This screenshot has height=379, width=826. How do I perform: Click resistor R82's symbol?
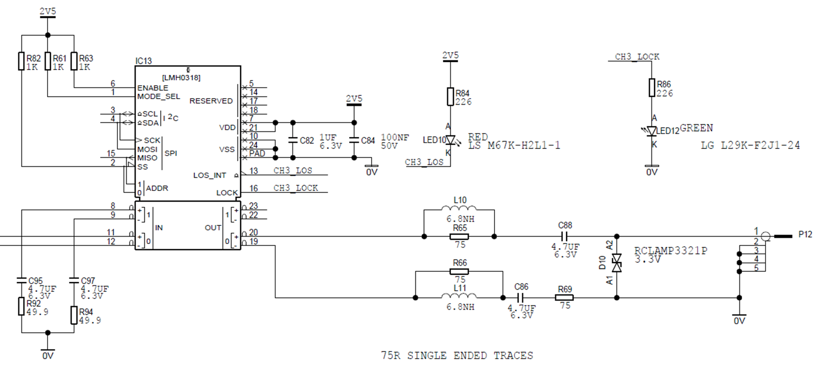pos(21,61)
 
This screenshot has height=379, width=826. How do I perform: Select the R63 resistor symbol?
pos(74,61)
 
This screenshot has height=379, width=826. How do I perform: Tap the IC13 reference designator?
pos(143,61)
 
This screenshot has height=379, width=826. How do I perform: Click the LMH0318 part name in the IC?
pos(181,78)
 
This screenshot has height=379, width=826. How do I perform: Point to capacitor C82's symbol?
pos(293,140)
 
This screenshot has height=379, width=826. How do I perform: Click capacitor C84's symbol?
pos(354,140)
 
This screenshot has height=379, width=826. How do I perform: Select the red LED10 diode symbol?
pos(450,140)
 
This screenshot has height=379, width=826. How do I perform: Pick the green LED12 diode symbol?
pos(651,131)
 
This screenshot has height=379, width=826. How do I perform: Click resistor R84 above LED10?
pos(450,96)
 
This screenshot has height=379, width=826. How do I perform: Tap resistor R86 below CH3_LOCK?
pos(652,88)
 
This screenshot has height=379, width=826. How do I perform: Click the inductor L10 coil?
pos(459,208)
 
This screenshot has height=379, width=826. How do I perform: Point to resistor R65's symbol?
pos(459,237)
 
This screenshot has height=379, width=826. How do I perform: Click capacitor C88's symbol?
pos(564,237)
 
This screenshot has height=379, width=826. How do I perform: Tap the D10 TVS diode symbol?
pos(616,263)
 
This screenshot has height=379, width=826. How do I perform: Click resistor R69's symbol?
pos(564,298)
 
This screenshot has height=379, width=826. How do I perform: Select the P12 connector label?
pos(805,234)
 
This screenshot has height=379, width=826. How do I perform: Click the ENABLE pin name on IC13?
pos(153,88)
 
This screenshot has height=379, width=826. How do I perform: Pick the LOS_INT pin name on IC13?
pos(210,176)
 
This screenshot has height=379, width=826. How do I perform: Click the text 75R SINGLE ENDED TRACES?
pos(457,356)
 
